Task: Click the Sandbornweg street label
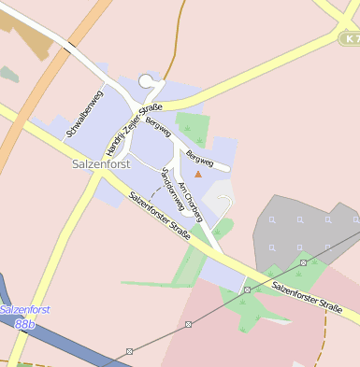click(x=173, y=188)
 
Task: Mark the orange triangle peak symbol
click(x=197, y=173)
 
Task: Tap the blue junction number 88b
click(x=24, y=323)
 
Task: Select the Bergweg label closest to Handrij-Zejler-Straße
click(x=156, y=123)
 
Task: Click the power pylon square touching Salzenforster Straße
click(x=246, y=289)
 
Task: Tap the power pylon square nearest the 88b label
click(x=129, y=351)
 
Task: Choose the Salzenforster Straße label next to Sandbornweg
click(x=159, y=215)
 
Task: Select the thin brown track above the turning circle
click(x=170, y=56)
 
